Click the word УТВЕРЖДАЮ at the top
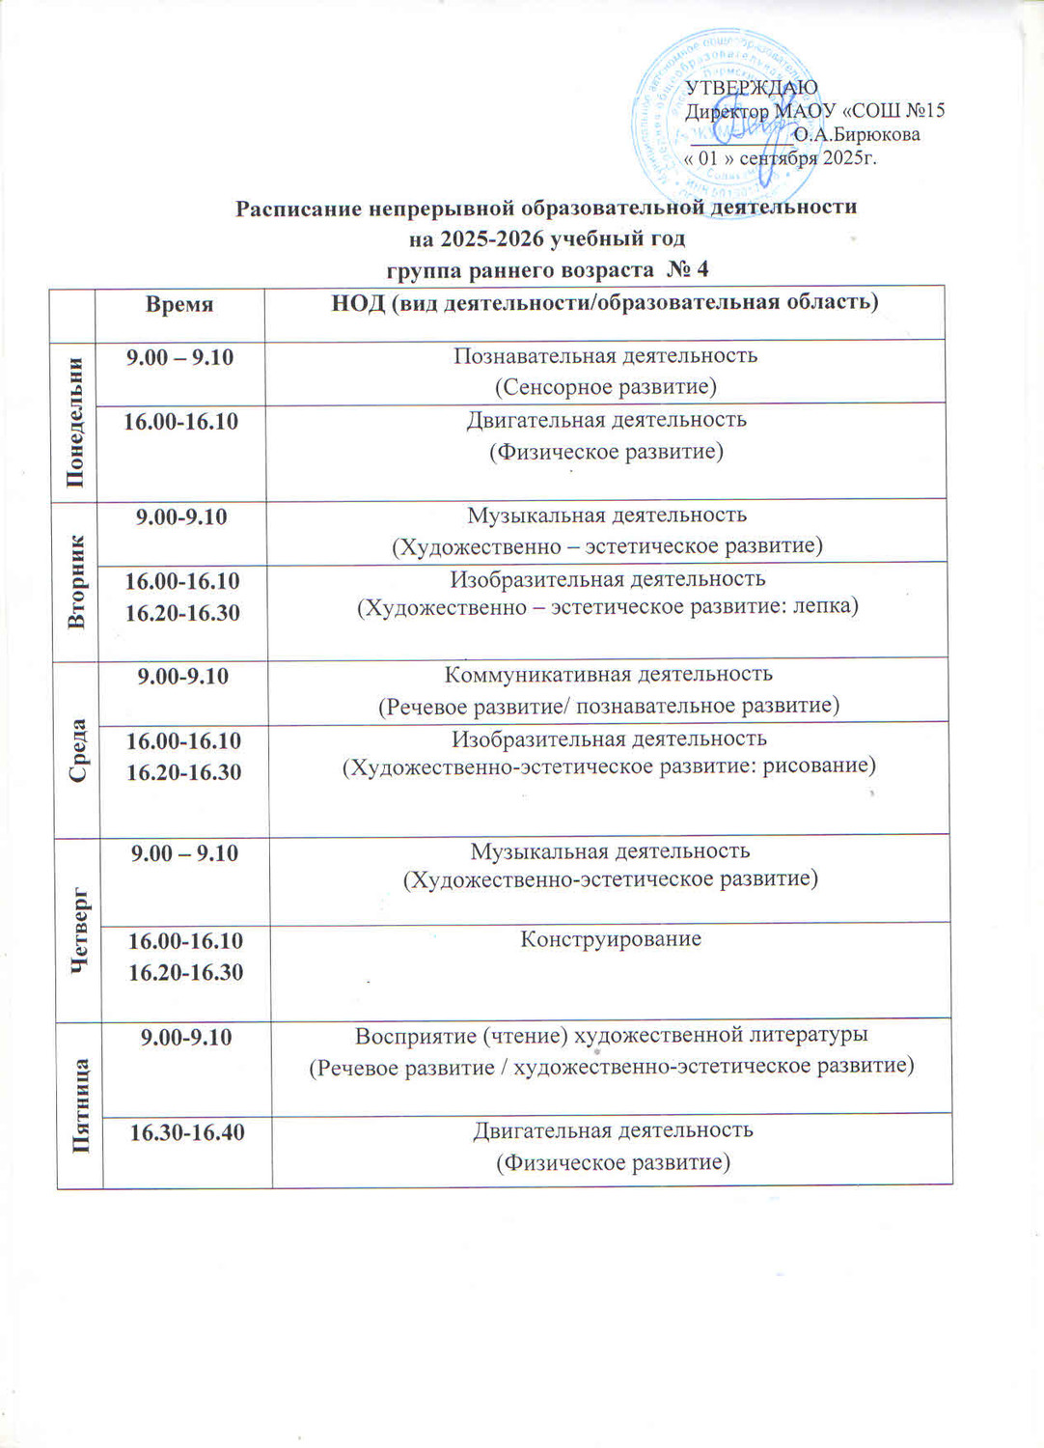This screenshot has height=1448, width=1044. point(751,87)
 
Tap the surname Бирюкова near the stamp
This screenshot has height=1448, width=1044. point(857,134)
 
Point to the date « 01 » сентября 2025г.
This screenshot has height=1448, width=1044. point(780,157)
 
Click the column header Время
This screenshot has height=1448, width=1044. point(179,304)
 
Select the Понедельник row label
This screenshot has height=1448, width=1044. point(74,422)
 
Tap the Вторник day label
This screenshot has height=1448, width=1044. point(76,581)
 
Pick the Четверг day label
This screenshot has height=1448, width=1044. point(80,927)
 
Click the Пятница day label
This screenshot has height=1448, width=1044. point(82,1105)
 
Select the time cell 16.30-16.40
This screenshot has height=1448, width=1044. point(187,1132)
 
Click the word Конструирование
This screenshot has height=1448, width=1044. point(611,938)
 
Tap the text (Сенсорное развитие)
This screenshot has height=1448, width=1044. point(606,387)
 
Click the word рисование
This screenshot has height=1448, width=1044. point(819,766)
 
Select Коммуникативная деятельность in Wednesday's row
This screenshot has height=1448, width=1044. point(608,674)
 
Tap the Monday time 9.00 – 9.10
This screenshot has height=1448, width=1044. point(180,357)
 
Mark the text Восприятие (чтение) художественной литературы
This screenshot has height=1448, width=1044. point(612,1035)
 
